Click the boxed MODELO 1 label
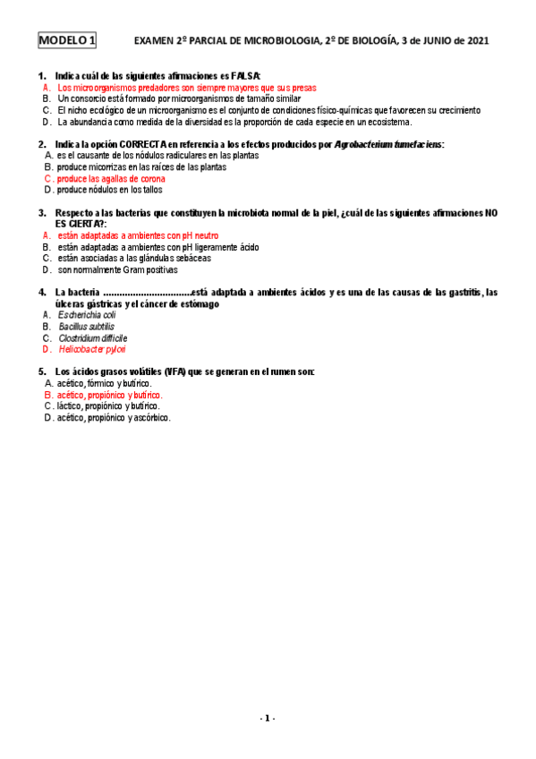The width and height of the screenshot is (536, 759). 67,40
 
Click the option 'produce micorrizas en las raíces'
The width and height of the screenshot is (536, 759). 141,166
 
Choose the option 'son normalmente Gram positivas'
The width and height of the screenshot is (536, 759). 118,269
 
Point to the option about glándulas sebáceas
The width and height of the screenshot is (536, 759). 134,258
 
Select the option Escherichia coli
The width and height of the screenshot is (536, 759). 87,315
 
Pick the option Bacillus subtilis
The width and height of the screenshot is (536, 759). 86,327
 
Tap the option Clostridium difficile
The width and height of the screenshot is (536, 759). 92,338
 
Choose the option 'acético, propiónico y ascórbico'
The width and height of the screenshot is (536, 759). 114,417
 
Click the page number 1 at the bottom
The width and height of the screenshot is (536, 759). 268,719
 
